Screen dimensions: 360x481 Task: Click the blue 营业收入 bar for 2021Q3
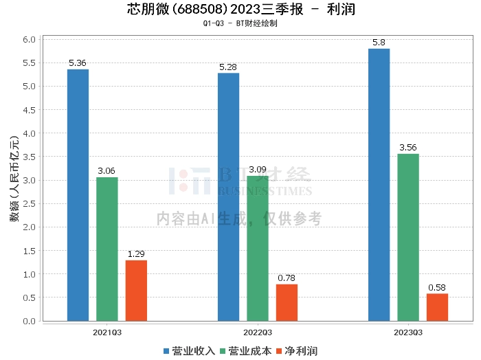[x=78, y=195]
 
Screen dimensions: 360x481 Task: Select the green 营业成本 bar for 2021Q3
[x=107, y=249]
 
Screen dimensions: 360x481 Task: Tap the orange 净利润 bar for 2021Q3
[x=136, y=291]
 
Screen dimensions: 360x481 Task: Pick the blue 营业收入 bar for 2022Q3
[x=228, y=197]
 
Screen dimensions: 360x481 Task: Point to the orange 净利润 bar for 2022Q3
[x=287, y=302]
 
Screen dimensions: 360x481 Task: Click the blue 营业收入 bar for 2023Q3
[x=379, y=185]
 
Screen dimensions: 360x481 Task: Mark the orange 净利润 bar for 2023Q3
[x=437, y=307]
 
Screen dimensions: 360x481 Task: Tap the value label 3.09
[x=258, y=170]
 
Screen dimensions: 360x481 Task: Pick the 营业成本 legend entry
[x=245, y=351]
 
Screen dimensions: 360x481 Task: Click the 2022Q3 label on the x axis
[x=258, y=332]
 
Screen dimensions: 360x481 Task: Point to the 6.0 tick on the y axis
[x=29, y=39]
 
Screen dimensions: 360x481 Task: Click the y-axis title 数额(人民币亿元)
[x=14, y=181]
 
